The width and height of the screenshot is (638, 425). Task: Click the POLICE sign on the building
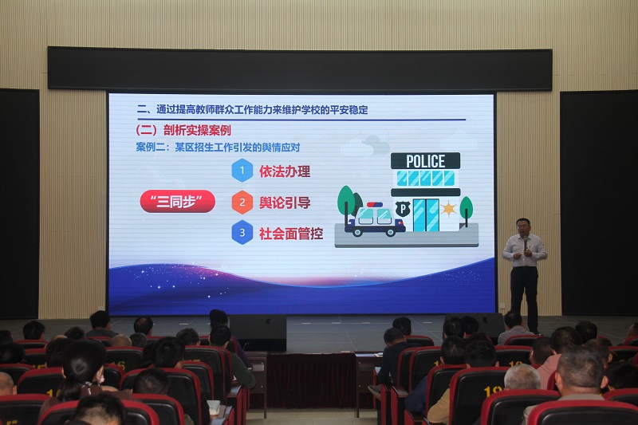point(425,161)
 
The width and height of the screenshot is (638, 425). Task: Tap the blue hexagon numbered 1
point(242,170)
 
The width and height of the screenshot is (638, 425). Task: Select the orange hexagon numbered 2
point(242,202)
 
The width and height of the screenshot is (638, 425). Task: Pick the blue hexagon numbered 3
point(242,232)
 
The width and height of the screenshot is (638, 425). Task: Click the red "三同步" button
point(177,201)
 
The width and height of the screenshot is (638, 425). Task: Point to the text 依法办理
point(285,171)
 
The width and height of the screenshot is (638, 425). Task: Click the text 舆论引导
point(285,203)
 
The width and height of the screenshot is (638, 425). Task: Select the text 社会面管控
point(291,234)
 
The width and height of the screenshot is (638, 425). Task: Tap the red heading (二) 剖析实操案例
point(183,130)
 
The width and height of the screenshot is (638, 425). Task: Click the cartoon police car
point(374,220)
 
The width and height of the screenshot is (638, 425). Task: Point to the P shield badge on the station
point(403,209)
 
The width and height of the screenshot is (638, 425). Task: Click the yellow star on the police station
point(448,209)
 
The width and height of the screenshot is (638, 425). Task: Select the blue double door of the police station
point(426,215)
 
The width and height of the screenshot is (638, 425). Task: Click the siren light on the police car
point(375,205)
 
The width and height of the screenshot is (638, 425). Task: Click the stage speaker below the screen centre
point(258,332)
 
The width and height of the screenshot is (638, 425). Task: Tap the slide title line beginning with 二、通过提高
point(252,110)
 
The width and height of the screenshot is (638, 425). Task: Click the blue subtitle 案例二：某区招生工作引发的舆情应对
point(218,147)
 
